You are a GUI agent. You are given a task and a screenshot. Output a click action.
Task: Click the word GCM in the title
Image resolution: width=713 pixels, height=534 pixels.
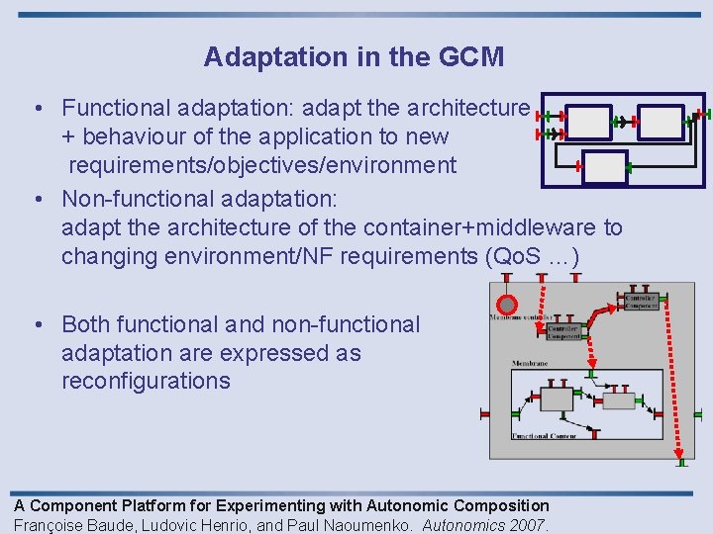pyautogui.click(x=470, y=57)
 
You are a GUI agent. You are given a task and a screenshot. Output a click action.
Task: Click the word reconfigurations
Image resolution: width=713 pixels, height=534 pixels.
pyautogui.click(x=146, y=381)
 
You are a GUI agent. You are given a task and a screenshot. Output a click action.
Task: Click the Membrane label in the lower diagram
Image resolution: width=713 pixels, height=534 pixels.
pyautogui.click(x=530, y=364)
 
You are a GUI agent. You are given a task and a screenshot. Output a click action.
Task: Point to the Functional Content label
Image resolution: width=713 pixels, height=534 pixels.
pyautogui.click(x=544, y=436)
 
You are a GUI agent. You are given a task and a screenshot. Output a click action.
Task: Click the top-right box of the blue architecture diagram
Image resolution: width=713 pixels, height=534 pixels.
pyautogui.click(x=661, y=122)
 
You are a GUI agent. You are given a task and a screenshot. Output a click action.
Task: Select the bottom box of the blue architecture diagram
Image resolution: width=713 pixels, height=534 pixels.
pyautogui.click(x=605, y=167)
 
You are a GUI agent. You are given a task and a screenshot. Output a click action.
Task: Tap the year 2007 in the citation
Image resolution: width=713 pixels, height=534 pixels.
pyautogui.click(x=529, y=525)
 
